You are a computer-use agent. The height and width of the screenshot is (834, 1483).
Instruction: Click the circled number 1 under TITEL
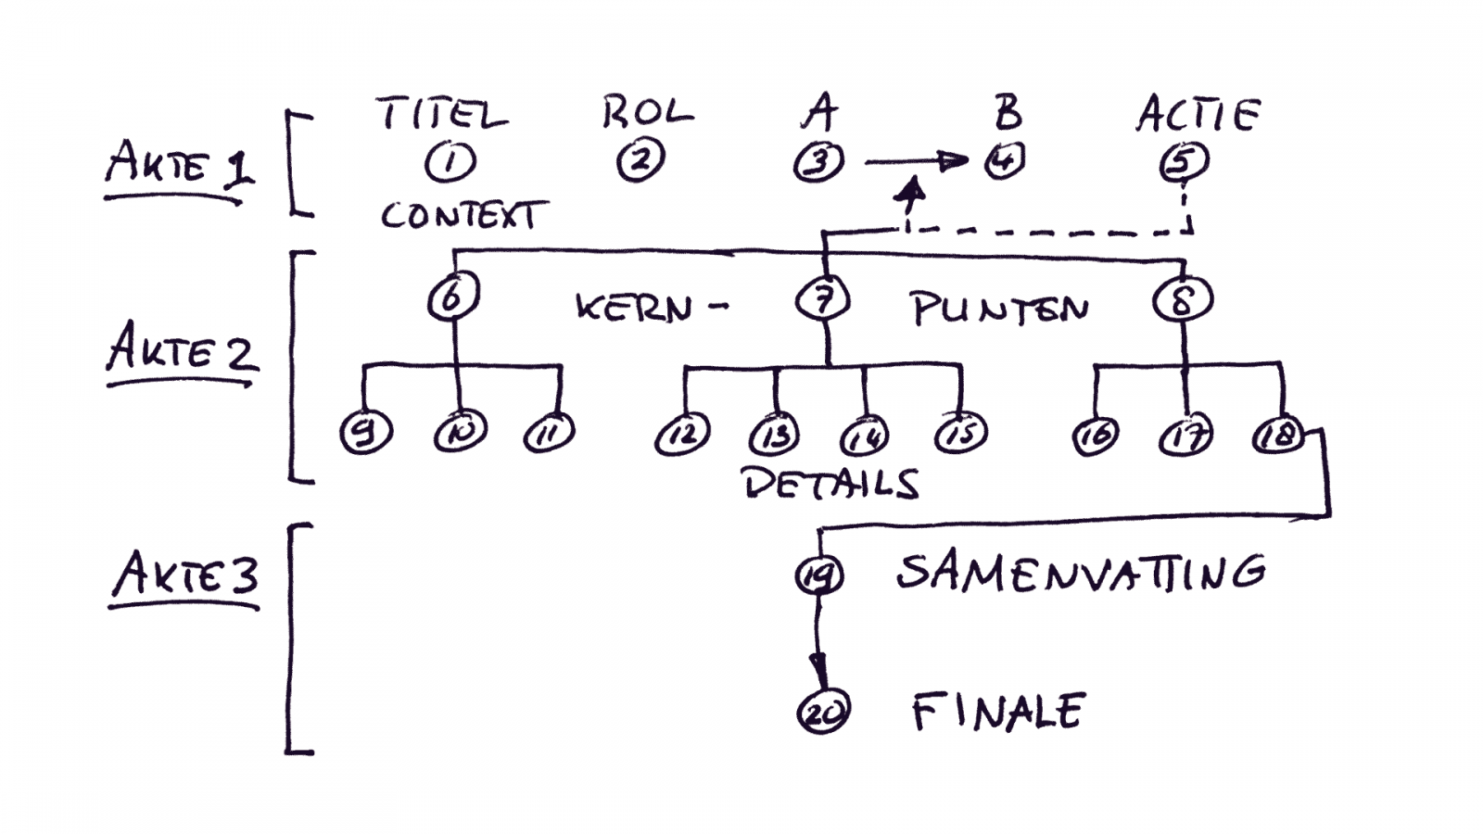pos(450,162)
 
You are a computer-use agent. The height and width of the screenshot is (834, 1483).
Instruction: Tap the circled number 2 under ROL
pos(640,161)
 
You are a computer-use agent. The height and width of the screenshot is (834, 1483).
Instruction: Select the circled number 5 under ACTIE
pos(1184,162)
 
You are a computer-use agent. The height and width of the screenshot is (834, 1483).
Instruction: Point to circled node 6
pos(453,298)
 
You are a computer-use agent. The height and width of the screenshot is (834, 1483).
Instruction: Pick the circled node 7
pos(823,298)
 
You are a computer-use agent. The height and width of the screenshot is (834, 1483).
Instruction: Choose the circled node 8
pos(1183,300)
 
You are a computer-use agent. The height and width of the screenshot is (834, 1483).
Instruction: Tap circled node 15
pos(960,433)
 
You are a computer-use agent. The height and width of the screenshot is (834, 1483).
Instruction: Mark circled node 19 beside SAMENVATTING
pos(818,575)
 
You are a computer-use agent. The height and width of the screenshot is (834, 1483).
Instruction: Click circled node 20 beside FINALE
pos(823,712)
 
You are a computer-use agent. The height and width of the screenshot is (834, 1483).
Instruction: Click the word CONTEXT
pos(460,216)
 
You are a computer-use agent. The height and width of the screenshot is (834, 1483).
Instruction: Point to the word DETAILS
pos(831,484)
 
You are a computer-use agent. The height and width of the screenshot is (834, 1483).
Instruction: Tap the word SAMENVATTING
pos(1080,573)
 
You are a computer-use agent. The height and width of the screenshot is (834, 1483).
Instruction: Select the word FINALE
pos(997,712)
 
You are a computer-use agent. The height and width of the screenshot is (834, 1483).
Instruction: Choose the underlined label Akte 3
pos(184,576)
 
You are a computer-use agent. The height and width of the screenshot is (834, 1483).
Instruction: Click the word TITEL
pos(442,115)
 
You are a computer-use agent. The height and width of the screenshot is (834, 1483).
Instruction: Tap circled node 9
pos(366,434)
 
